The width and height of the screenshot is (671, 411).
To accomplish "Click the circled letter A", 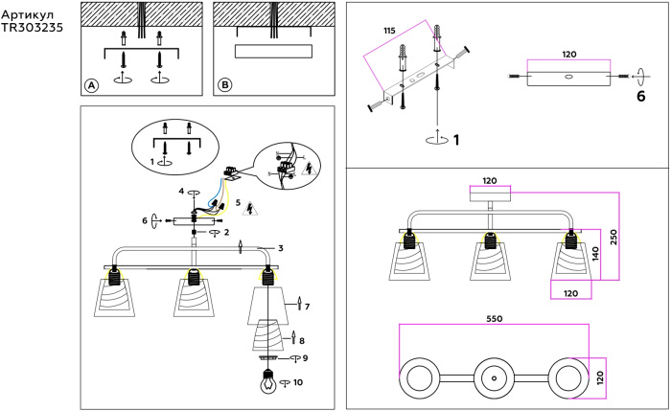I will coord(92,84).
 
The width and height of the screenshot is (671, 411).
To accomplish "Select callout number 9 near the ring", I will coord(305,358).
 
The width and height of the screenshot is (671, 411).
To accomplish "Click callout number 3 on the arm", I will coord(280,249).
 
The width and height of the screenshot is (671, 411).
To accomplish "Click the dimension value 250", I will coord(614,236).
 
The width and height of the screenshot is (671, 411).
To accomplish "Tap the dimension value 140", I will coord(595,254).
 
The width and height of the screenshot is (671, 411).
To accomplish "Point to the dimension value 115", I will coord(389,32).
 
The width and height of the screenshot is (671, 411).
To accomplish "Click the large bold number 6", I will coord(639,97).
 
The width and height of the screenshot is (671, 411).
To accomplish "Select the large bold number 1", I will coord(456,140).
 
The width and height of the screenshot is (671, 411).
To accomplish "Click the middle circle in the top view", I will coord(494,378).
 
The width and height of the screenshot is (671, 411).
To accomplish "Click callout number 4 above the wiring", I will coord(180,192).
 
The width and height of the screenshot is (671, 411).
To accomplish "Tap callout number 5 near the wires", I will coord(238,203).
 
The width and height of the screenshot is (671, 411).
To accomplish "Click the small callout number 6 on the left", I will coord(145,220).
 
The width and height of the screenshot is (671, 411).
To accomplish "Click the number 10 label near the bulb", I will coord(298,382).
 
